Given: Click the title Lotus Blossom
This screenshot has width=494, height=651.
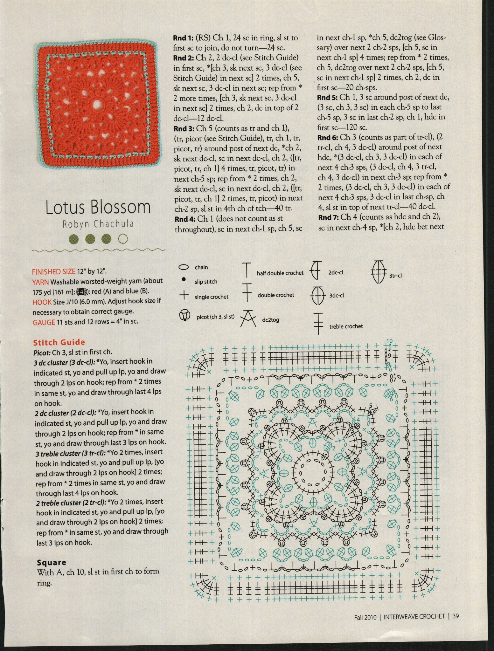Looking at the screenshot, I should pos(98,207).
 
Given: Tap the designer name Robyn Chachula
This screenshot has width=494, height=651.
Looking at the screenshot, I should pos(98,224).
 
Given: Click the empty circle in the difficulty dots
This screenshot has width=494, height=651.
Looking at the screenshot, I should pos(123,239).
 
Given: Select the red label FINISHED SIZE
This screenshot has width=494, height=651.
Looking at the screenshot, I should pos(53,271).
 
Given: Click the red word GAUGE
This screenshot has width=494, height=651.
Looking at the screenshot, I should pos(44,322).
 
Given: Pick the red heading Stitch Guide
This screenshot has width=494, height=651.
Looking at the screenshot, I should pos(59,342).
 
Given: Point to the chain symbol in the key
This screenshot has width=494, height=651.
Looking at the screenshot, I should pos(184,267).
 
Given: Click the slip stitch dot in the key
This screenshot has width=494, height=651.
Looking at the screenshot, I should pos(184,279).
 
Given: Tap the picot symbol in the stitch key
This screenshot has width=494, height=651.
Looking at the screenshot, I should pos(184,315).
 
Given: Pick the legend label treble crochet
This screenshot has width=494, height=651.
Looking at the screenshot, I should pos(346,326).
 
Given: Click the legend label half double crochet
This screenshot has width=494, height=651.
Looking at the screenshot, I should pos(280,273).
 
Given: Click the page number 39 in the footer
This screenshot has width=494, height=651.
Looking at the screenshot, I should pos(456,616).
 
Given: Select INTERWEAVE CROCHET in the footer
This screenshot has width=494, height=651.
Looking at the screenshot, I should pos(414,616).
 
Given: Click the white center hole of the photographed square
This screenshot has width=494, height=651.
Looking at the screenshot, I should pos(96,104).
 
